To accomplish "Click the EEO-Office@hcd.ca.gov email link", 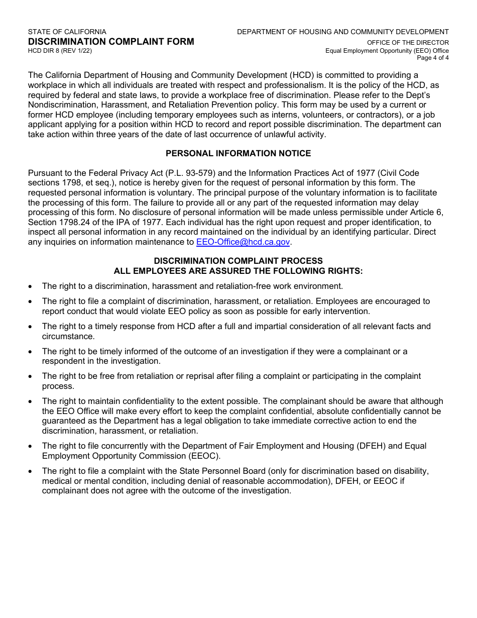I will coord(243,242).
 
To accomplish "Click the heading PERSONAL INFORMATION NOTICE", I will coord(238,153).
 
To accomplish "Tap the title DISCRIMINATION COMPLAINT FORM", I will coord(111,42).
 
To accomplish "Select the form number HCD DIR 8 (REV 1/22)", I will coord(60,51).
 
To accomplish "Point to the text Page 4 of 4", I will coord(433,58).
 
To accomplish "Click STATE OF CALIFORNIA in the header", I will coord(67,32).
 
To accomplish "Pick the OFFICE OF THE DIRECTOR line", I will coord(408,43).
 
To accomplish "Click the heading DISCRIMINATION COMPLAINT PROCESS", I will coord(238,261).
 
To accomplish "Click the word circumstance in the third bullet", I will coord(68,336).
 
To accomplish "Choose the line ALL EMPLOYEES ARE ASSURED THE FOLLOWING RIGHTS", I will coord(238,271).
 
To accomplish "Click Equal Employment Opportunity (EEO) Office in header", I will coord(387,51).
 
